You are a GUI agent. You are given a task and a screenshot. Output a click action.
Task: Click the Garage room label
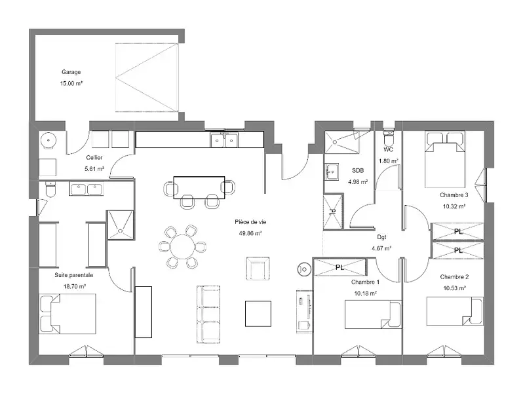click(71, 72)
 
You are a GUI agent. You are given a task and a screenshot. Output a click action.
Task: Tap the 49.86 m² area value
click(250, 233)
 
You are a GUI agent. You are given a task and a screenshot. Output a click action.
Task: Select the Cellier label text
click(94, 157)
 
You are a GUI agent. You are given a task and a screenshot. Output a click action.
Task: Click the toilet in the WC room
click(388, 136)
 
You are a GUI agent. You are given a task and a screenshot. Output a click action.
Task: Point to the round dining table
click(182, 247)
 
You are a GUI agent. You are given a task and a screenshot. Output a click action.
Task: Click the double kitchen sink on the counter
click(224, 140)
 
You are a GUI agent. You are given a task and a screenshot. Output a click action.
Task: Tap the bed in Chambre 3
click(444, 160)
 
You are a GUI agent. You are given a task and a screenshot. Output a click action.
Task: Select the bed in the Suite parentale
click(68, 313)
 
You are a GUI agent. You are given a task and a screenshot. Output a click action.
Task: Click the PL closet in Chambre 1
click(340, 267)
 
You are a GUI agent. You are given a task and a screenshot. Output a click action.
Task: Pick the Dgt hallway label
click(381, 237)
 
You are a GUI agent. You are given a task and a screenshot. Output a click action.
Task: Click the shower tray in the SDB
click(342, 142)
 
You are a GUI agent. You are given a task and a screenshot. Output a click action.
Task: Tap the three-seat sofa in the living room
click(209, 314)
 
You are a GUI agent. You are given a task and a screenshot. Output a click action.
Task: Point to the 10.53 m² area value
click(454, 288)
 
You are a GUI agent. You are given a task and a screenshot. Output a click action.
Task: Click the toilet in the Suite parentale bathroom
click(50, 189)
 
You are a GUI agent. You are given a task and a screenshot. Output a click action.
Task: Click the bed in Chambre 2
click(455, 311)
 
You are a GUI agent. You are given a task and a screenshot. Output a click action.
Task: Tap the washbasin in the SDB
click(332, 172)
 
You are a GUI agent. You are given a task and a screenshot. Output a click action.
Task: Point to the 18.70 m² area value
click(75, 286)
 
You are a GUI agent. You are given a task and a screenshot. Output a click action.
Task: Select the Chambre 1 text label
click(365, 282)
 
